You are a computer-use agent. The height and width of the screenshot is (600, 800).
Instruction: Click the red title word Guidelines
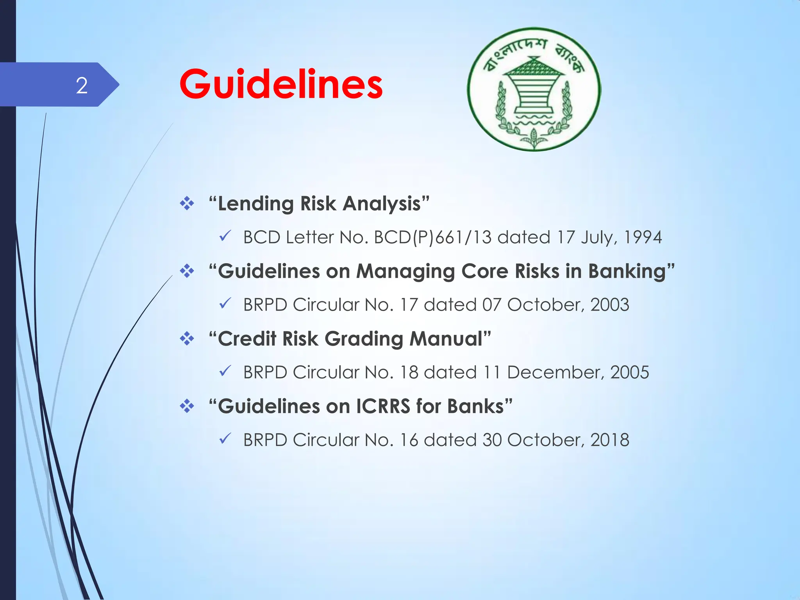[281, 84]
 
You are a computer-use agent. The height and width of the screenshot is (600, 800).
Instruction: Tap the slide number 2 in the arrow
[82, 85]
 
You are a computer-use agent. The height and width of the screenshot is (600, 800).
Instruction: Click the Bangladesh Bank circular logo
[534, 89]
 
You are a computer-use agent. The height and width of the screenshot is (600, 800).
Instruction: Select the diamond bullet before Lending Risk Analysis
[187, 204]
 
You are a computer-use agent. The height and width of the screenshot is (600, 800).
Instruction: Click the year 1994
[643, 237]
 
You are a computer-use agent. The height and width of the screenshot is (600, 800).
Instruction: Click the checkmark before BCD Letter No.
[225, 236]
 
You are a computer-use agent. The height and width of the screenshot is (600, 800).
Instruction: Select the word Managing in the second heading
[405, 271]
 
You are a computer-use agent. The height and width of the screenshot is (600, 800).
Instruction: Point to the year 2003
[610, 305]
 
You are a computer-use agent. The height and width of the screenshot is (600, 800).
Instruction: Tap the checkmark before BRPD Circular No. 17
[225, 304]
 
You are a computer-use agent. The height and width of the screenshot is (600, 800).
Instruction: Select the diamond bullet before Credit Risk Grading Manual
[187, 339]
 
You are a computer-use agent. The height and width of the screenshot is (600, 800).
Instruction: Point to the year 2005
[630, 372]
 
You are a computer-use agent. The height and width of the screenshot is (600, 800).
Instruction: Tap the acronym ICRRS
[383, 406]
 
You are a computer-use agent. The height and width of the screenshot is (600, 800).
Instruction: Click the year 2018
[610, 440]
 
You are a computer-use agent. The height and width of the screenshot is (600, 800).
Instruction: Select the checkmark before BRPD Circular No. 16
[225, 439]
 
